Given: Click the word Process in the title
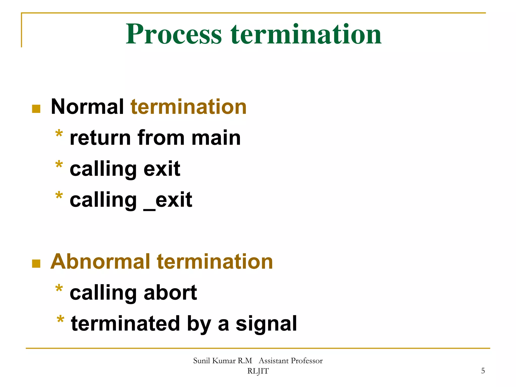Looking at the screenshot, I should click(174, 34).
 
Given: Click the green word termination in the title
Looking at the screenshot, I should click(306, 34).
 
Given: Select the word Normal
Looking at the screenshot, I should click(87, 107).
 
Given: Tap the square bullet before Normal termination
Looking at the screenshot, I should click(36, 109).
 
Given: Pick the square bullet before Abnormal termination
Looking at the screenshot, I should click(36, 264).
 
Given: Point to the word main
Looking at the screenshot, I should click(216, 138).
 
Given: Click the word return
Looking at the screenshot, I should click(100, 138).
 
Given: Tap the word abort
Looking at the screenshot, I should click(170, 293).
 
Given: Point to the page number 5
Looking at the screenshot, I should click(483, 371).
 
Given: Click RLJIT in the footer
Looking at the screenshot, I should click(258, 371).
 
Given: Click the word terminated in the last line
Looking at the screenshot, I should click(125, 324).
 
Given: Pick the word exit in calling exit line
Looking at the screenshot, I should click(162, 169).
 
